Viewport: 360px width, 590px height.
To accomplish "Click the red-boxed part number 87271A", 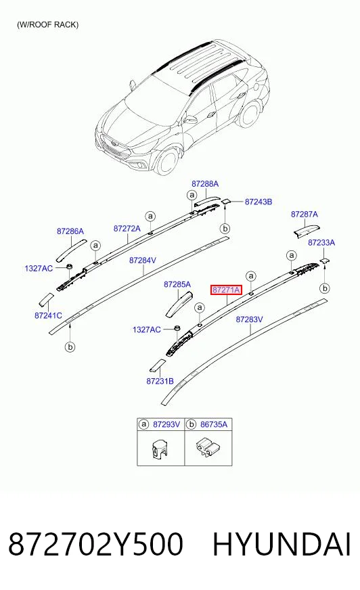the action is pyautogui.click(x=226, y=290).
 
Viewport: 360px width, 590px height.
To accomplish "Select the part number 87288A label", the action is pyautogui.click(x=205, y=184).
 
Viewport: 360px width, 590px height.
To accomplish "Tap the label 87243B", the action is pyautogui.click(x=258, y=202).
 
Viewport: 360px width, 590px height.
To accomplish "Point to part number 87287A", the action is pyautogui.click(x=305, y=214).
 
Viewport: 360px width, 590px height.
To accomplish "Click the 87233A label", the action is pyautogui.click(x=321, y=243).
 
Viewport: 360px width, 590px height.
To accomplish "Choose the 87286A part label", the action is pyautogui.click(x=70, y=231).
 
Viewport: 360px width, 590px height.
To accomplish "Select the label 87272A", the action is pyautogui.click(x=127, y=229).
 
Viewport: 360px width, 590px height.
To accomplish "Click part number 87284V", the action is pyautogui.click(x=143, y=260).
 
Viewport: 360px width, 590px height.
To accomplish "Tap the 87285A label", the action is pyautogui.click(x=177, y=284).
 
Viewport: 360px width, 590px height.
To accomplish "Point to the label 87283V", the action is pyautogui.click(x=250, y=319).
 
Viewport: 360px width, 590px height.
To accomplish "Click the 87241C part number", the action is pyautogui.click(x=48, y=315).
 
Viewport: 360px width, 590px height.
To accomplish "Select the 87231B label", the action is pyautogui.click(x=160, y=381).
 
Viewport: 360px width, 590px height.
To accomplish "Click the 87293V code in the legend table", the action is pyautogui.click(x=166, y=424).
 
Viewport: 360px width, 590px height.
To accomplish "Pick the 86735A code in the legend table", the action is pyautogui.click(x=214, y=424).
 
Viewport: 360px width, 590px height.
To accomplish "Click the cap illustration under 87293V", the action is pyautogui.click(x=160, y=448).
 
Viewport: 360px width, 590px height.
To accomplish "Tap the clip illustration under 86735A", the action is pyautogui.click(x=207, y=447).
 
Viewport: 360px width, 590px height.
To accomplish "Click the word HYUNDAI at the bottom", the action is pyautogui.click(x=282, y=544).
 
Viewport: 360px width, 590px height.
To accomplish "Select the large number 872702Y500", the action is pyautogui.click(x=95, y=544).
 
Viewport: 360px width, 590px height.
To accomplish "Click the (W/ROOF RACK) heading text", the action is pyautogui.click(x=48, y=25).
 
